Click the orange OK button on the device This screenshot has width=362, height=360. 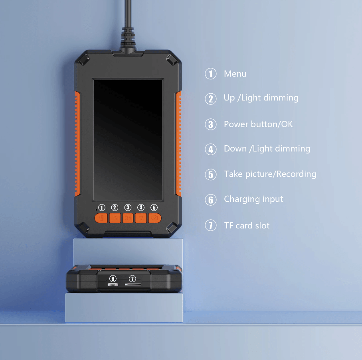point(128,218)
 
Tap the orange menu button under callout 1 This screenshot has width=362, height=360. point(101,218)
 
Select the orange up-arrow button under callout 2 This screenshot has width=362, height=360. point(115,218)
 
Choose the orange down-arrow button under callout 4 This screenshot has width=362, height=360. point(141,218)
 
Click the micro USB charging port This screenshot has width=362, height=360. point(113,285)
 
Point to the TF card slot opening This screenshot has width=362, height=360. point(133,285)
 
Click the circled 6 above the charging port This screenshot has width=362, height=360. point(113,279)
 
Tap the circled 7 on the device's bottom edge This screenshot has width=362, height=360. point(132,279)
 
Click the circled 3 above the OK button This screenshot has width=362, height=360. point(128,207)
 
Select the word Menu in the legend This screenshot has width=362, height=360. point(235,74)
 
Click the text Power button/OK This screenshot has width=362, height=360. point(258,124)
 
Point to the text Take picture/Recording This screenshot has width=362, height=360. point(270,174)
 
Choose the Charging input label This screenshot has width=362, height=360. point(253,199)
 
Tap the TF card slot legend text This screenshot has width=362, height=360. point(247,226)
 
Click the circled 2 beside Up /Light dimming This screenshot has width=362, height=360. point(211,99)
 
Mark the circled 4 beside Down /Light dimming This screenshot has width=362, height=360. point(211,149)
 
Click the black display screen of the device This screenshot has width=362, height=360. point(128,140)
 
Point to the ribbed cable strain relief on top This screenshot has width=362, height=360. point(128,37)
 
